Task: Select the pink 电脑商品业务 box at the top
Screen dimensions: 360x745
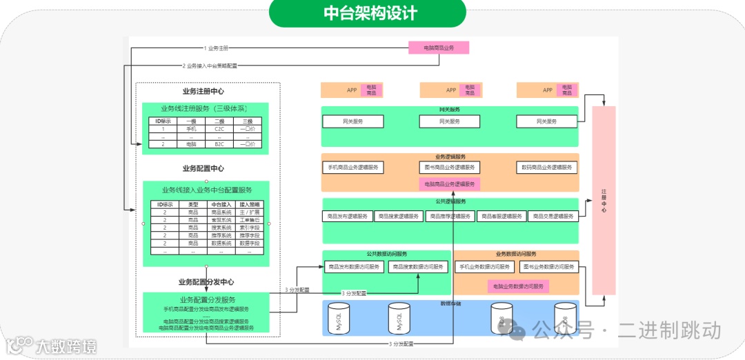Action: [x=439, y=48]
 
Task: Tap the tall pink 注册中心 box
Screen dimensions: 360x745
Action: [x=604, y=201]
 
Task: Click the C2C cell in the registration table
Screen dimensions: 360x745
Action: [x=219, y=129]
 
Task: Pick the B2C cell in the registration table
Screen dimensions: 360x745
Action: [x=219, y=144]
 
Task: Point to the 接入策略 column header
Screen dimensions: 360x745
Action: [x=249, y=205]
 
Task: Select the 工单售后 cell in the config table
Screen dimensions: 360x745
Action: [x=249, y=220]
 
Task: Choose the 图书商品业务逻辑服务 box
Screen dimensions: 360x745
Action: [x=450, y=168]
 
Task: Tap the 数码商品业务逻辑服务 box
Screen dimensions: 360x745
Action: [x=547, y=168]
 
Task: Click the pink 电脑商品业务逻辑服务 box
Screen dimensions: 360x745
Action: [x=450, y=184]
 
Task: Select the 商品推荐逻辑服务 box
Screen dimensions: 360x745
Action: [x=450, y=216]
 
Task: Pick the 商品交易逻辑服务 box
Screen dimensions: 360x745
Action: [x=553, y=216]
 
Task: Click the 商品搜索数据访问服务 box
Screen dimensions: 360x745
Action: [x=419, y=267]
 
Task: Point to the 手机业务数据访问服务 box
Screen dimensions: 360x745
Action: [x=486, y=267]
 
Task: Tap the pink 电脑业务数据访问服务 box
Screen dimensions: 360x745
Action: [x=518, y=286]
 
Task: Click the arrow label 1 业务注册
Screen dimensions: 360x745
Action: [x=216, y=48]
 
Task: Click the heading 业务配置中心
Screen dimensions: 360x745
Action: [x=203, y=168]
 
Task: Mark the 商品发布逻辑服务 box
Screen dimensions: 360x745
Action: [x=348, y=216]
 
